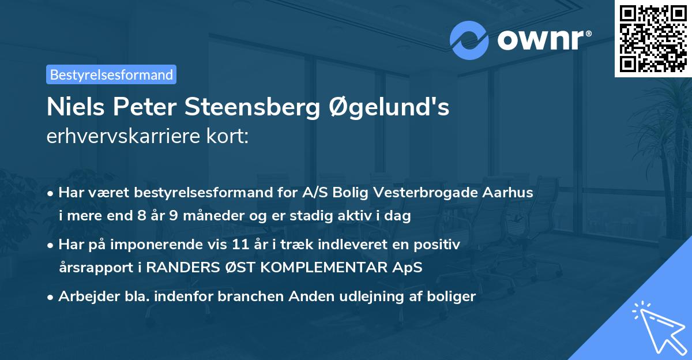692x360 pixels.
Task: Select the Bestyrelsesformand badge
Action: tap(111, 74)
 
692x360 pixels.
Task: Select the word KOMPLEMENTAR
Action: tap(331, 268)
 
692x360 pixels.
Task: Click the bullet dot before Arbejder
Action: tap(51, 297)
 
